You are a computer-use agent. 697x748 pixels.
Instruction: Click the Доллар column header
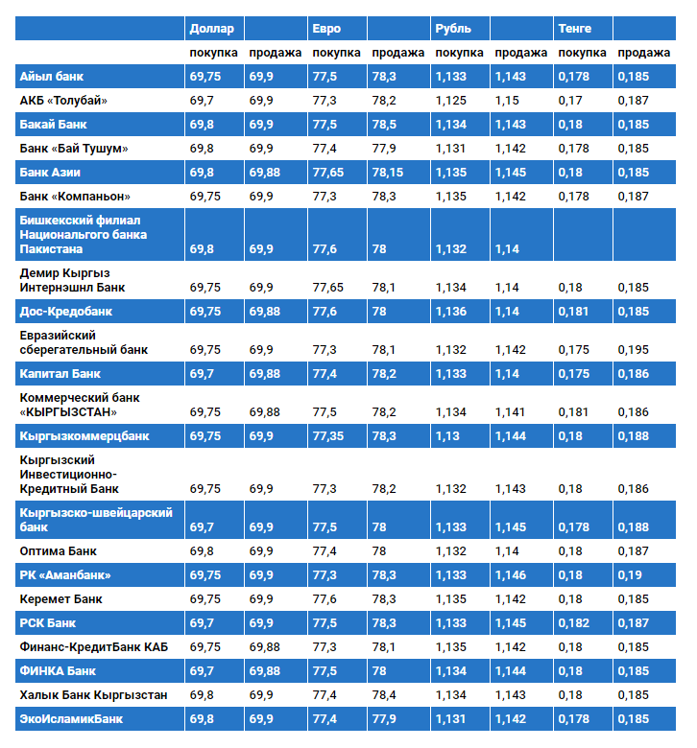pos(211,29)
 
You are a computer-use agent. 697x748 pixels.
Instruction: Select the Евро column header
pos(326,29)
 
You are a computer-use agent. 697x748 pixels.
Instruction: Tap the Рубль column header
pos(453,29)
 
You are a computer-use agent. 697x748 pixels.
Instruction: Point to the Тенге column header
pos(575,29)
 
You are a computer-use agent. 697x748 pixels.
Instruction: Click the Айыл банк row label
pos(52,77)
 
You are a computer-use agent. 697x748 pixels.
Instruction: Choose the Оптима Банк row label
pos(58,551)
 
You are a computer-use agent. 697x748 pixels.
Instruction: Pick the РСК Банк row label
pos(48,623)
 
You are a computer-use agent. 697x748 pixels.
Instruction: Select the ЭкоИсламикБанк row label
pos(71,719)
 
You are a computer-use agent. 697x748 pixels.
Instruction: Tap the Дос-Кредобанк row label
pos(66,312)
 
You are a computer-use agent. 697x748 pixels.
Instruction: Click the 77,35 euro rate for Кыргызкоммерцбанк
pos(327,436)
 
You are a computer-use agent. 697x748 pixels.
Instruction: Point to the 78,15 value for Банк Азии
pos(388,173)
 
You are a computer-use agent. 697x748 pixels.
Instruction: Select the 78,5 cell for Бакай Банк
pos(384,125)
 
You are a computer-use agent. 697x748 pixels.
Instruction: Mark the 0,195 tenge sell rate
pos(633,350)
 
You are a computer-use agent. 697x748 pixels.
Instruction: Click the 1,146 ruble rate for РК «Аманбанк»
pos(510,574)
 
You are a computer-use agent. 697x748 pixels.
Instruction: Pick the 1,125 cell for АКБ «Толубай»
pos(450,101)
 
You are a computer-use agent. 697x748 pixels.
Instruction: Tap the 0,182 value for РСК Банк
pos(573,623)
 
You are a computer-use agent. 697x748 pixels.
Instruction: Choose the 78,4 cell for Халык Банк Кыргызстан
pos(384,695)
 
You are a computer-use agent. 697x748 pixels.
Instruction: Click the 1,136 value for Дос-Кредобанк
pos(450,312)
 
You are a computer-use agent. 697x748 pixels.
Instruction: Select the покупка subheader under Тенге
pos(582,53)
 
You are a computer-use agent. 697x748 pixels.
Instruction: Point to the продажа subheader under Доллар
pos(275,53)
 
